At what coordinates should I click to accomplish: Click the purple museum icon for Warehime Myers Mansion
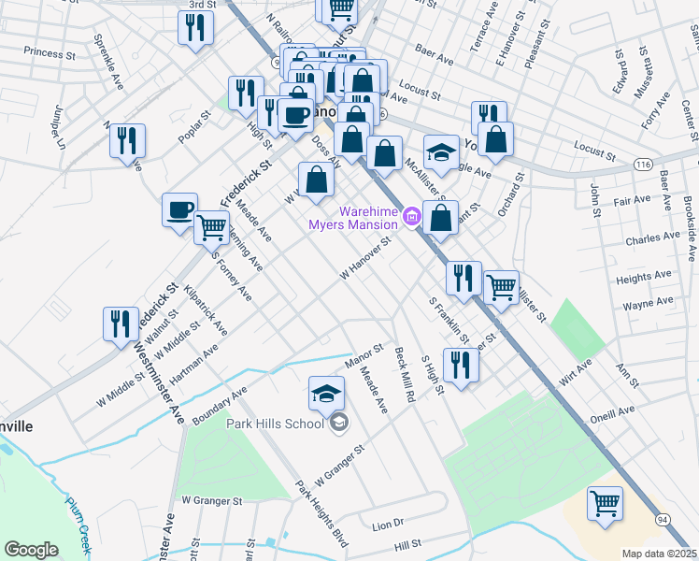click(412, 219)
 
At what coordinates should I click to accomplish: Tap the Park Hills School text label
click(273, 423)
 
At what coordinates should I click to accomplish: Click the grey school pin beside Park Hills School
click(338, 424)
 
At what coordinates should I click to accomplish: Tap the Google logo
click(31, 549)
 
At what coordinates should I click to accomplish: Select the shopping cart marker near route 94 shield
click(606, 504)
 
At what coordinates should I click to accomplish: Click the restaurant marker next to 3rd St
click(195, 28)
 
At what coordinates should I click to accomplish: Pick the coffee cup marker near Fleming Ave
click(178, 210)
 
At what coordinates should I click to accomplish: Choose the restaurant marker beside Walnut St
click(121, 324)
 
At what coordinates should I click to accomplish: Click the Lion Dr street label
click(387, 524)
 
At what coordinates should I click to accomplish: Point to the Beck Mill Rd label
click(404, 372)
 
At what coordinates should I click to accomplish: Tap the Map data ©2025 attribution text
click(658, 554)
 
